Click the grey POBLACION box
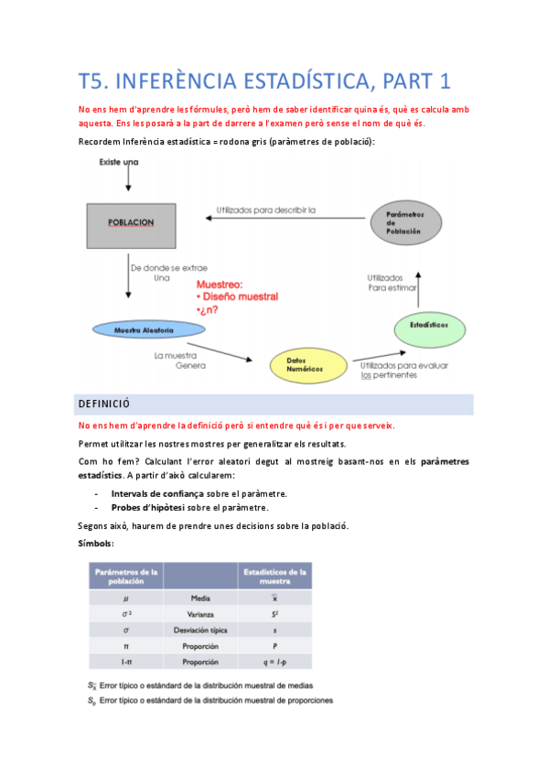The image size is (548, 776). click(131, 222)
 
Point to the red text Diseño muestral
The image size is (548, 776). click(242, 296)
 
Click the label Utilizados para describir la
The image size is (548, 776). click(265, 210)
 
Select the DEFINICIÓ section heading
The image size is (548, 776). click(105, 403)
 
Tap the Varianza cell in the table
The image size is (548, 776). click(200, 613)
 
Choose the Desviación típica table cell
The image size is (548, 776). click(200, 630)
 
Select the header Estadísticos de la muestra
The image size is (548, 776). click(275, 577)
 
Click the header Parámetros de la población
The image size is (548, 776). click(125, 577)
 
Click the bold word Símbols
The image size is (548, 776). click(96, 544)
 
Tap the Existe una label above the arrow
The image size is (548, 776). click(117, 162)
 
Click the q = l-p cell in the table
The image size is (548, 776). click(275, 662)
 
